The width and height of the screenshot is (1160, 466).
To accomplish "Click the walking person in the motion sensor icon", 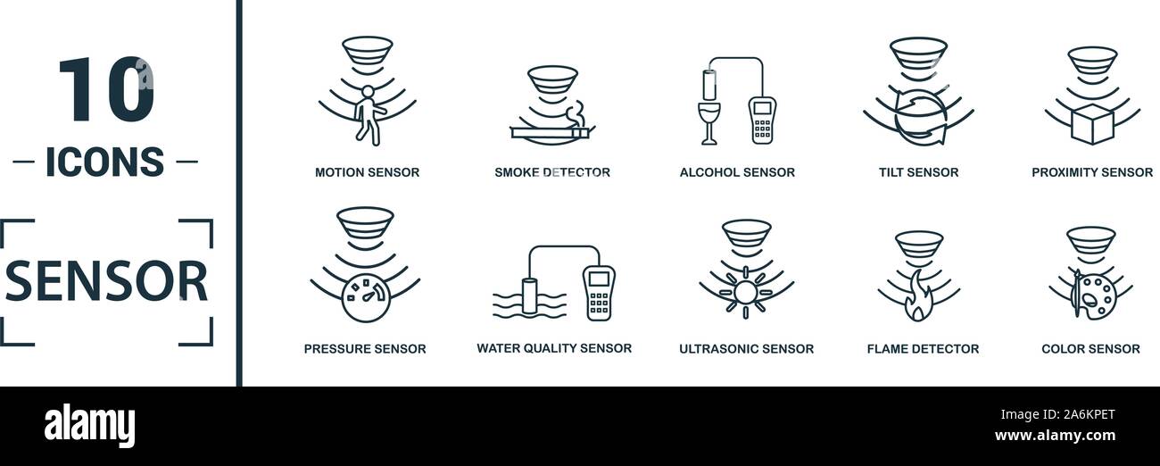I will point(367,114).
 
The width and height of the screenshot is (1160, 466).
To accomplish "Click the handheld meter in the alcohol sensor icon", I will point(761,120).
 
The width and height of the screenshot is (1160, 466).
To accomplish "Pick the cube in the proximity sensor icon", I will point(1092,123).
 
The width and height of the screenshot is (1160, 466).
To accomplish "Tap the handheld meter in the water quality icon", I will point(599,292).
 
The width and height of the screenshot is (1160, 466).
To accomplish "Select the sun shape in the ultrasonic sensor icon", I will point(745,291).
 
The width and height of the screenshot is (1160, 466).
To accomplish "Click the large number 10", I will point(105,90).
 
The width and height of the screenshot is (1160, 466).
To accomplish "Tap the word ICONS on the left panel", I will point(105,162).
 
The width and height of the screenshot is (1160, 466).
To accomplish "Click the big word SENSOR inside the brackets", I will point(106,281).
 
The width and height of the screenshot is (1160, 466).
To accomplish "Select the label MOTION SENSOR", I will point(367,172).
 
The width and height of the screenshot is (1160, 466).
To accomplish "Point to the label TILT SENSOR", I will point(918,172).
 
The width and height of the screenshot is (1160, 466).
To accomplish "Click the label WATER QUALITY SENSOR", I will point(554,348).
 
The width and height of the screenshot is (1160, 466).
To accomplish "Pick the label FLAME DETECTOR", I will point(923,349).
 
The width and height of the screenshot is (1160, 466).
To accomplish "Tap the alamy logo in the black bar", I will point(89,426).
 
